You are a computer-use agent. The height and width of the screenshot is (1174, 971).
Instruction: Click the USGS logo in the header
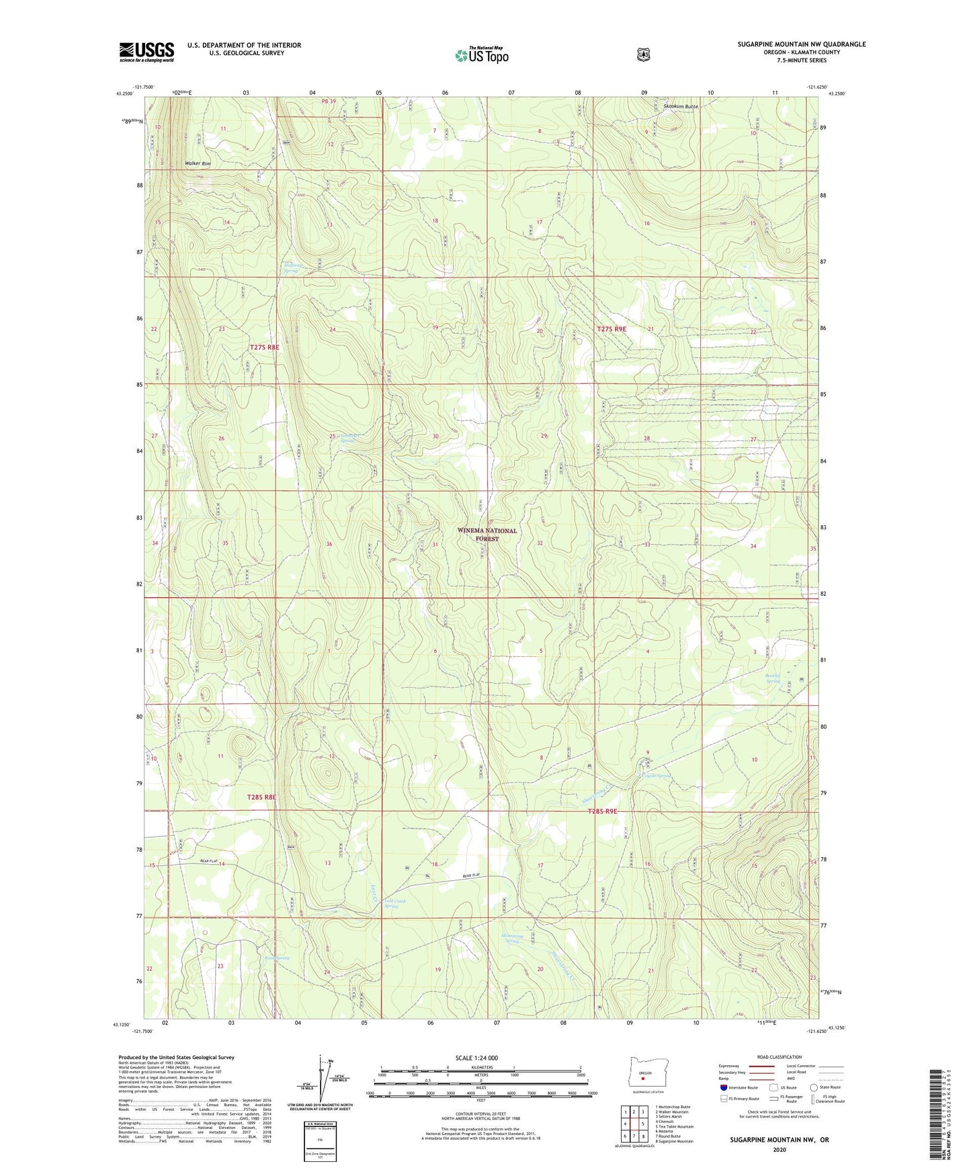point(146,52)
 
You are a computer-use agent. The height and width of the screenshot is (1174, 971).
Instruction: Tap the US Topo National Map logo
point(481,55)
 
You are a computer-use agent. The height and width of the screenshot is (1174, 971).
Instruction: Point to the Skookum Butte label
point(681,107)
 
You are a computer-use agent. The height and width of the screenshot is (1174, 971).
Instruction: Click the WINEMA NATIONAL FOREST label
point(487,535)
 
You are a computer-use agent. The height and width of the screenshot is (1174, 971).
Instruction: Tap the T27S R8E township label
point(263,348)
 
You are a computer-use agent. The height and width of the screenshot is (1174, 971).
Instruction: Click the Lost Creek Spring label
point(394,904)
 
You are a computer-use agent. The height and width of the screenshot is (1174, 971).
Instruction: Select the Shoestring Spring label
point(512,939)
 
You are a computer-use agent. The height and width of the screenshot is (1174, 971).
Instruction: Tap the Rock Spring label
point(277,957)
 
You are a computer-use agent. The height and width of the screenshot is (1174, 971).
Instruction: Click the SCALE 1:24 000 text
point(476,1058)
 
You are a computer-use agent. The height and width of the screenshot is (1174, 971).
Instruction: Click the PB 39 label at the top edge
point(328,102)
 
